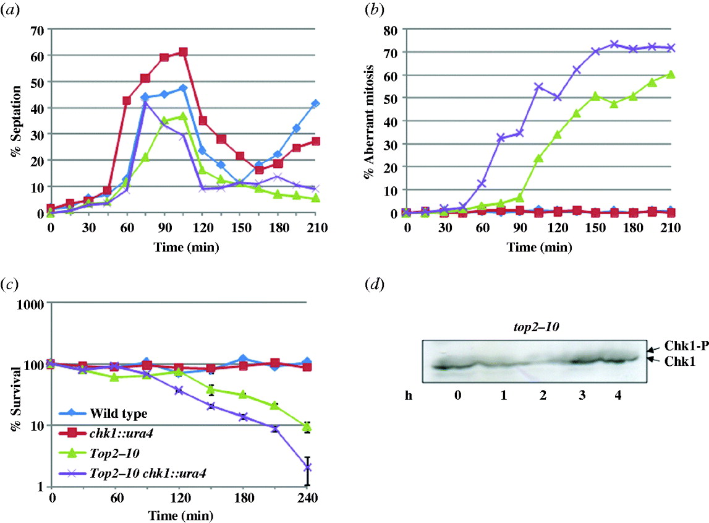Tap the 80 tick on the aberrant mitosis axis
(391, 29)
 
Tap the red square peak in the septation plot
(183, 53)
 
